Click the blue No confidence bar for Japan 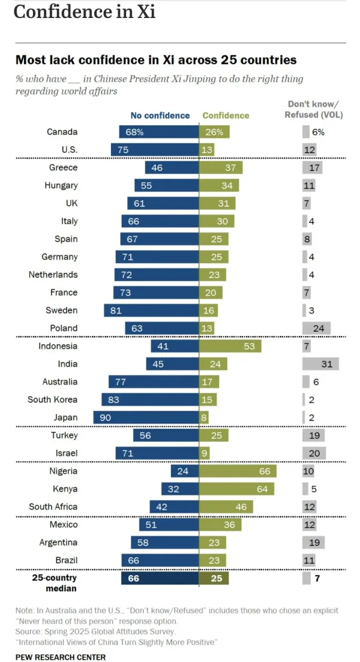click(x=146, y=417)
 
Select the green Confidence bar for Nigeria click(x=238, y=471)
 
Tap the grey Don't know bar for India click(x=320, y=364)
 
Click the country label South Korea click(x=53, y=399)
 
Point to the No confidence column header click(x=160, y=115)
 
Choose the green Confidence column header click(x=226, y=115)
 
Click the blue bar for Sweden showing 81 click(x=151, y=311)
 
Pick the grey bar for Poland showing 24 click(x=317, y=328)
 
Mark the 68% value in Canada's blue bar click(x=134, y=132)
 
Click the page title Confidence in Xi click(x=85, y=12)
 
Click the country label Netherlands click(x=53, y=275)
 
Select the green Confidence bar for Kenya click(x=236, y=489)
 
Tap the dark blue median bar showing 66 click(x=160, y=578)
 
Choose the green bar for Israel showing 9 click(x=204, y=453)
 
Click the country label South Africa click(x=53, y=507)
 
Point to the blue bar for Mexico click(x=169, y=525)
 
